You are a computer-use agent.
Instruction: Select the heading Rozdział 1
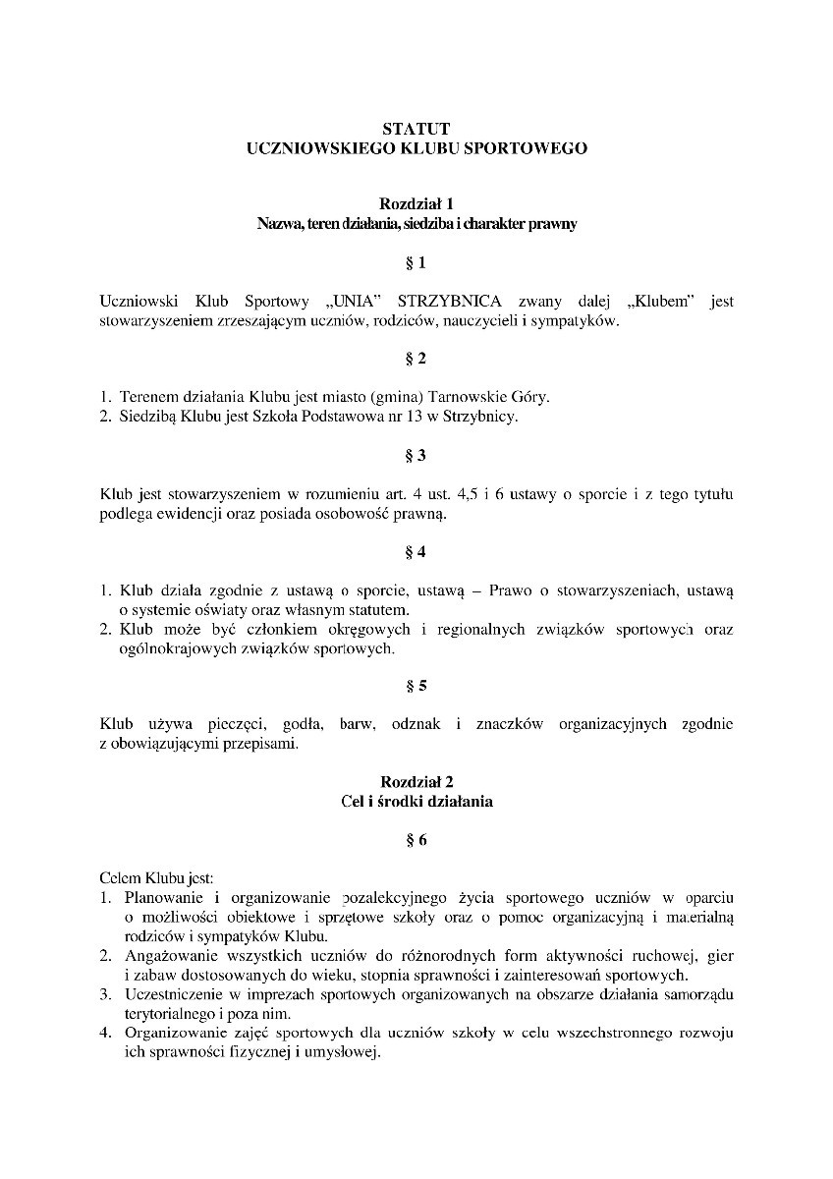[x=416, y=204]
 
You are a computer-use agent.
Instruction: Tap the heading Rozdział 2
[x=416, y=781]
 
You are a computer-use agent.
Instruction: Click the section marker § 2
[x=416, y=358]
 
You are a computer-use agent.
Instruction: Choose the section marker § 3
[x=416, y=455]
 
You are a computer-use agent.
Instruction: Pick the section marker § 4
[x=416, y=551]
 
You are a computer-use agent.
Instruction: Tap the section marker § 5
[x=416, y=685]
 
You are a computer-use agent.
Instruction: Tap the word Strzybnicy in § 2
[x=481, y=416]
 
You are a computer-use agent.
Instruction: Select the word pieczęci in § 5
[x=232, y=724]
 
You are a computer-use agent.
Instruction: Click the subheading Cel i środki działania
[x=416, y=801]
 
